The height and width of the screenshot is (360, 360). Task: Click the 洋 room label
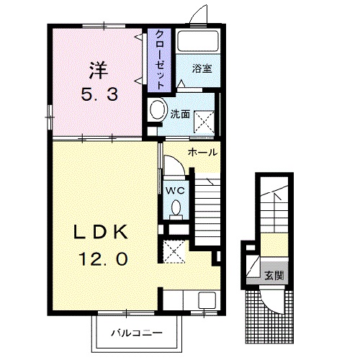point(99,70)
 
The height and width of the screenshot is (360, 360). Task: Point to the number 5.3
point(99,94)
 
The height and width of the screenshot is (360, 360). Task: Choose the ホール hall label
point(202,152)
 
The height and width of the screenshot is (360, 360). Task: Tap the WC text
point(176,192)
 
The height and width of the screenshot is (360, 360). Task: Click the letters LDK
point(102,232)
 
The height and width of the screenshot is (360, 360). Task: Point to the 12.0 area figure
point(102,258)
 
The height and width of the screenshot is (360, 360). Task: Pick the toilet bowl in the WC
point(176,210)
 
